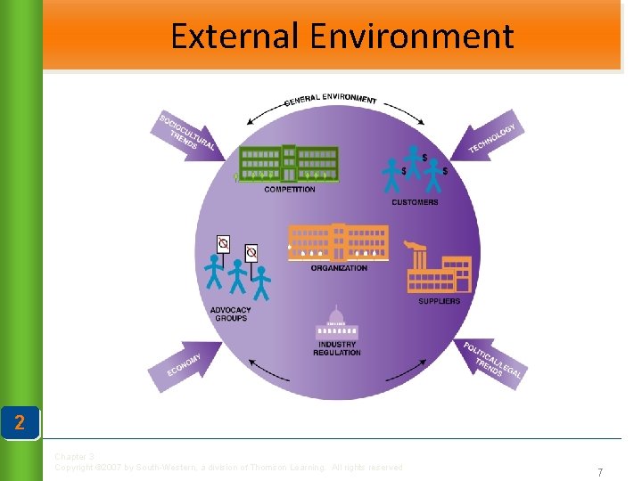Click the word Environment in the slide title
click(x=412, y=37)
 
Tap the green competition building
click(x=289, y=163)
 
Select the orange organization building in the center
click(x=338, y=240)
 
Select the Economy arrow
click(x=188, y=363)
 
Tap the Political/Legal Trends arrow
click(x=490, y=361)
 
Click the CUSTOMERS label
click(x=415, y=202)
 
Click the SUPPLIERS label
click(x=440, y=301)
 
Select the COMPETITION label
click(x=290, y=189)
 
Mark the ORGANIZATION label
click(x=339, y=268)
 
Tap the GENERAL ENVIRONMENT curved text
click(x=330, y=99)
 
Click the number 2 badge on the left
click(x=20, y=422)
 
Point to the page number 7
click(x=600, y=472)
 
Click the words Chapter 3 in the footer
click(x=73, y=457)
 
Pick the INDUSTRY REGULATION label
click(x=337, y=348)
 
